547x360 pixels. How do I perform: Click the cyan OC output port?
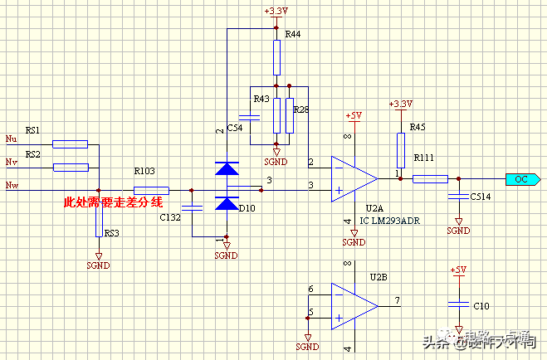[x=521, y=178]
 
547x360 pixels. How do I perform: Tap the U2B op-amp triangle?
[x=354, y=305]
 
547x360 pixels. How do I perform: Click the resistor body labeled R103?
[x=151, y=189]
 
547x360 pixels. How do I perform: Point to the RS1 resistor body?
[x=70, y=144]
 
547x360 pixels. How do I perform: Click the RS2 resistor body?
[x=70, y=168]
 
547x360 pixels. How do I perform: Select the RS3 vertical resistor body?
[x=99, y=222]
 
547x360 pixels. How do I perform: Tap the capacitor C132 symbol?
[x=192, y=206]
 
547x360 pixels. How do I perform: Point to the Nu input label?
[x=11, y=138]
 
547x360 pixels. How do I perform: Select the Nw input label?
[x=12, y=184]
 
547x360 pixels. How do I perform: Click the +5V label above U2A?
[x=354, y=114]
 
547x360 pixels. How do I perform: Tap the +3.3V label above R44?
[x=276, y=11]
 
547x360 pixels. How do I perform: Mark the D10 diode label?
[x=247, y=208]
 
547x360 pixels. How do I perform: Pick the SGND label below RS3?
[x=98, y=265]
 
